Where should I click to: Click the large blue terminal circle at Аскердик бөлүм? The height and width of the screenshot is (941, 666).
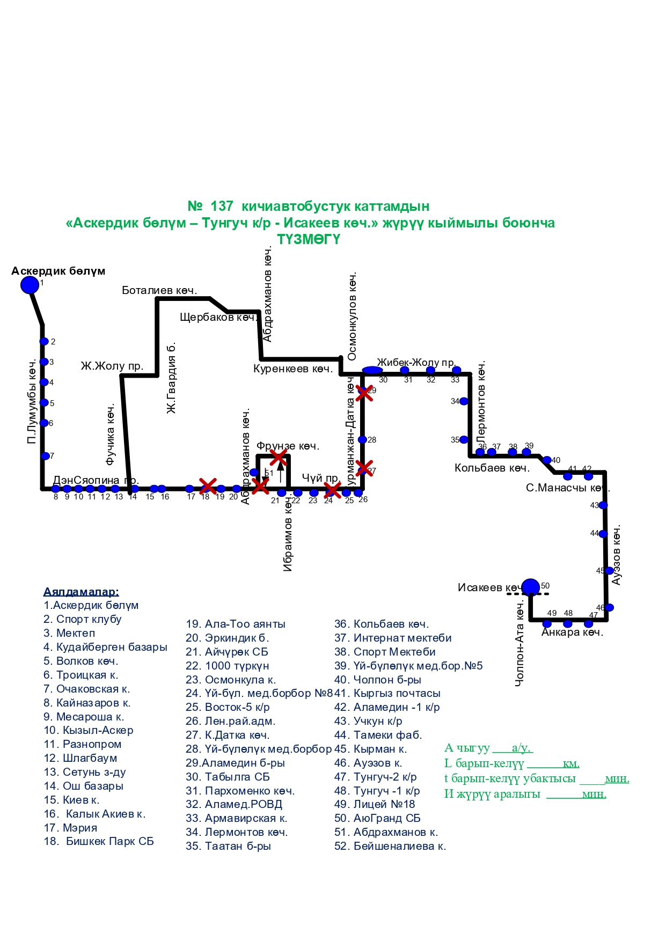coord(30,285)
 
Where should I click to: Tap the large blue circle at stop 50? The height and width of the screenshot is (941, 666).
coord(530,587)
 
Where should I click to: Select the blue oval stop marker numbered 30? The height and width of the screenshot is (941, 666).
coord(372,370)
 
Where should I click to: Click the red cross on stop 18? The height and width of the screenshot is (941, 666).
coord(208,486)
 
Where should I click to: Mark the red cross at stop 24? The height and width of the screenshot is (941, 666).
coord(332,489)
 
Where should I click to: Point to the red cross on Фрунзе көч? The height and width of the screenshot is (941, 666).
coord(278,458)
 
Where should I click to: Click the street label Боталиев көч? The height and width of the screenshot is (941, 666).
coord(159,290)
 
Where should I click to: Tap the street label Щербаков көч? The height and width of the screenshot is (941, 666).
coord(218,317)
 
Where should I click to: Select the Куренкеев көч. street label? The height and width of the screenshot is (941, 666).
coord(293,369)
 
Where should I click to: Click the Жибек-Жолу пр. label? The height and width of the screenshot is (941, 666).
coord(416,363)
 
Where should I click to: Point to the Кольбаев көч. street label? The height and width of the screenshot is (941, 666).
coord(492,468)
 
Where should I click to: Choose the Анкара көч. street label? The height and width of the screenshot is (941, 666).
coord(572,632)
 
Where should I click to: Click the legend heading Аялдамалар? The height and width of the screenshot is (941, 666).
coord(81,592)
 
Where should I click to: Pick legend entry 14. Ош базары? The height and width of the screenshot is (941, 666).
coord(84,786)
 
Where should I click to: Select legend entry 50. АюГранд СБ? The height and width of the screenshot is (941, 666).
coord(377,818)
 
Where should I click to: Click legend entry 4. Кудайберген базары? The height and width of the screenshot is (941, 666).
coord(105,647)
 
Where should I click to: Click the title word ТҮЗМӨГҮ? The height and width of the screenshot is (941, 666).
coord(309,239)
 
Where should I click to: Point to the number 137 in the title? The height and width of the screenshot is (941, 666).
coord(222,206)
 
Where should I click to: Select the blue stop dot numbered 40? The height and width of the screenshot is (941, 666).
coord(547,460)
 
